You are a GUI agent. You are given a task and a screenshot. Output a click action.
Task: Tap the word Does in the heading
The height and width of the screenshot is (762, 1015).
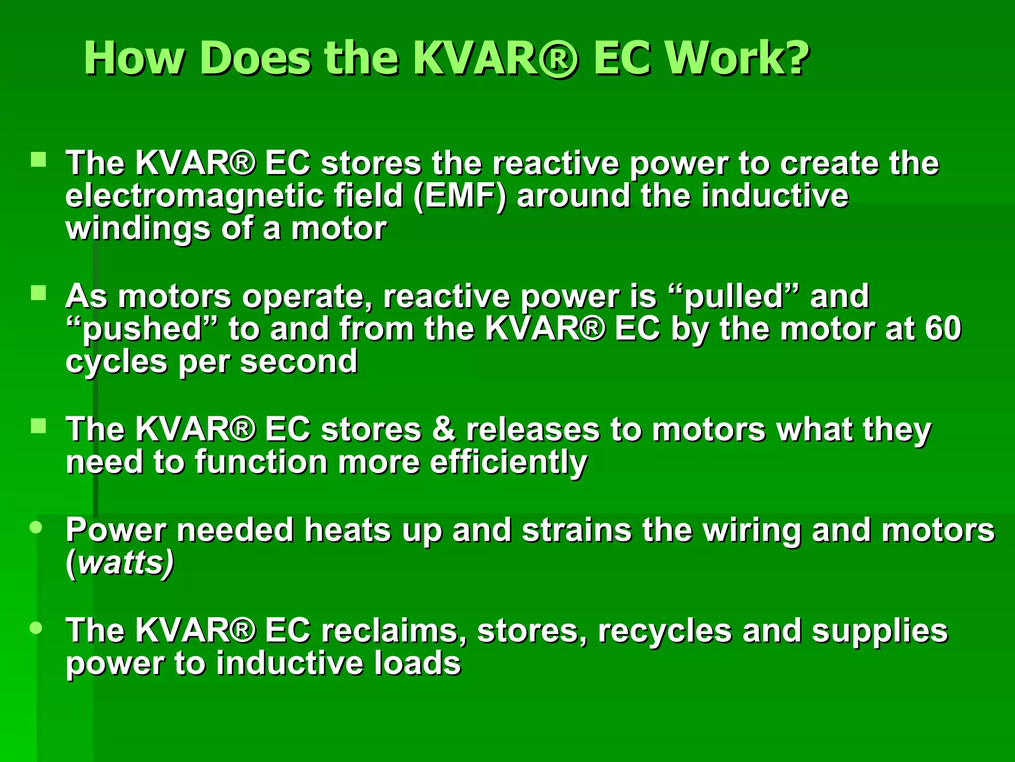(256, 59)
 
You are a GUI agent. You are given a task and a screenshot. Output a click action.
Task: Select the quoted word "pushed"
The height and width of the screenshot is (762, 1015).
(142, 329)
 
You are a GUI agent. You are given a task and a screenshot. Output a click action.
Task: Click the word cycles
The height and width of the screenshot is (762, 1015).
(116, 362)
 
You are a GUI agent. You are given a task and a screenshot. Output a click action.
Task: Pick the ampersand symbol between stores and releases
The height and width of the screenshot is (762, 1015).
(444, 429)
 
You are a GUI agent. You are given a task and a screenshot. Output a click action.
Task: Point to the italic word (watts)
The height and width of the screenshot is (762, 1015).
(120, 563)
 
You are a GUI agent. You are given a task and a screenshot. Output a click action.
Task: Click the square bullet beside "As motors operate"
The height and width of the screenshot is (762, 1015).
(38, 293)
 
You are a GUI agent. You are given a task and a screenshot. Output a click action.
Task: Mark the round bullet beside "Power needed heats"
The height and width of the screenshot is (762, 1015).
(36, 527)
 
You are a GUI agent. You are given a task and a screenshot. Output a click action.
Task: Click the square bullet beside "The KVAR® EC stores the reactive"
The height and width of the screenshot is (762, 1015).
(38, 160)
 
